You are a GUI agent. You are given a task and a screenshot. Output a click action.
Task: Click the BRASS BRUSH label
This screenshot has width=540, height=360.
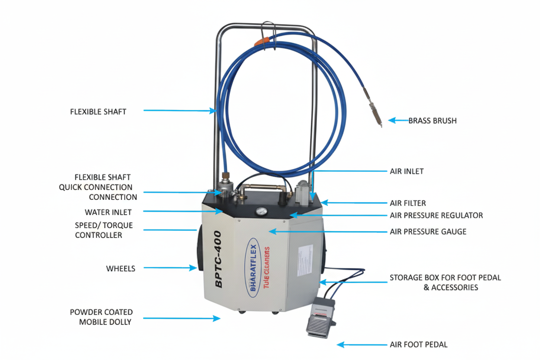pos(432,121)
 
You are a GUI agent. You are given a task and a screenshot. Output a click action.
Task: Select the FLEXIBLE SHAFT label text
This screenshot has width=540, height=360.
pos(98,112)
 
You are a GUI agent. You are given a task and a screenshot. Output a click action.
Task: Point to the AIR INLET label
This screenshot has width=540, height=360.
pos(406,171)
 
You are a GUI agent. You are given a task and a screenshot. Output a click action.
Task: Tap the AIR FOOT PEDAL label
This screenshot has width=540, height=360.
pos(418,345)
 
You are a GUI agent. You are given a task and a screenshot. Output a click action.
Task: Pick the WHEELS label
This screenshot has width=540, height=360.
pos(121,269)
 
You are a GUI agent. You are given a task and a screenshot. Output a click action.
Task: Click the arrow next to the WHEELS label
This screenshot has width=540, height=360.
pos(170,268)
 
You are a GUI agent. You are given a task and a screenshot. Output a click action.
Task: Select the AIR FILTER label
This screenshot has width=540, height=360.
pos(408,203)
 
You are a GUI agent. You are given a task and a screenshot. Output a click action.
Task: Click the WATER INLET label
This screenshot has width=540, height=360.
pos(108,212)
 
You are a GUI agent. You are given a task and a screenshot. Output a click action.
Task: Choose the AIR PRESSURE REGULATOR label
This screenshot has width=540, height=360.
pos(436,215)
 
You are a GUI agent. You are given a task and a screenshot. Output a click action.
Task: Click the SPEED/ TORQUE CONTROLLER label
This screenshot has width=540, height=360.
pos(104,231)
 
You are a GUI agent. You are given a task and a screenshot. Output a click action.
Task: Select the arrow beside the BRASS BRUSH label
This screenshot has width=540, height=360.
pos(397,120)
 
